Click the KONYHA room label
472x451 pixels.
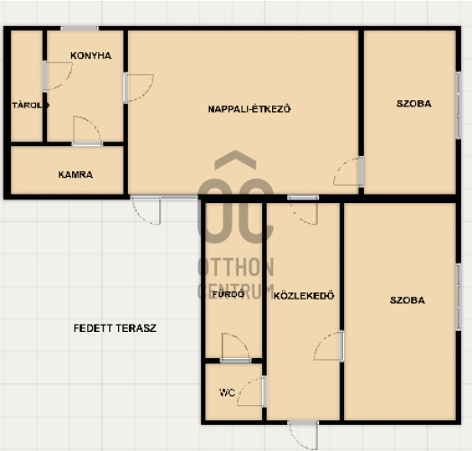click(x=91, y=55)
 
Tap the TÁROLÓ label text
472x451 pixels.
click(x=31, y=106)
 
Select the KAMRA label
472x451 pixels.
click(x=76, y=175)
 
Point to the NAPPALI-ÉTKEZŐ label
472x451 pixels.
click(x=250, y=108)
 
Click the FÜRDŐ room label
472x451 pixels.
click(x=229, y=294)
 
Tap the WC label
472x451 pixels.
click(x=227, y=392)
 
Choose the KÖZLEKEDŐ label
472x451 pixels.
click(x=304, y=295)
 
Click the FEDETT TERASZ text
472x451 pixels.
click(x=115, y=328)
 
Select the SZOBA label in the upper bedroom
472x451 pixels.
click(x=414, y=104)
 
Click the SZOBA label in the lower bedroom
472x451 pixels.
click(x=407, y=300)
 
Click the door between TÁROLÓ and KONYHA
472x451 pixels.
click(x=57, y=77)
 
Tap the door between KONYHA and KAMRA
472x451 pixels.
click(x=87, y=131)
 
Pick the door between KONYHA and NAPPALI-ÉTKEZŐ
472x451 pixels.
click(x=139, y=88)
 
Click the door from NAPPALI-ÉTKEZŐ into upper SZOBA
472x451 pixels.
click(x=349, y=171)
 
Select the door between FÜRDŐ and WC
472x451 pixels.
click(x=235, y=347)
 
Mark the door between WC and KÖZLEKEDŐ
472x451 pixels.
click(x=251, y=391)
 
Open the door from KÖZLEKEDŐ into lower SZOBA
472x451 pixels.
click(x=329, y=346)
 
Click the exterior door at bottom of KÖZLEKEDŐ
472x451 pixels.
click(x=304, y=436)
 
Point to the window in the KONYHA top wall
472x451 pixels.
click(x=79, y=28)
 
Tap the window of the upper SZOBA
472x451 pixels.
click(x=458, y=105)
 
